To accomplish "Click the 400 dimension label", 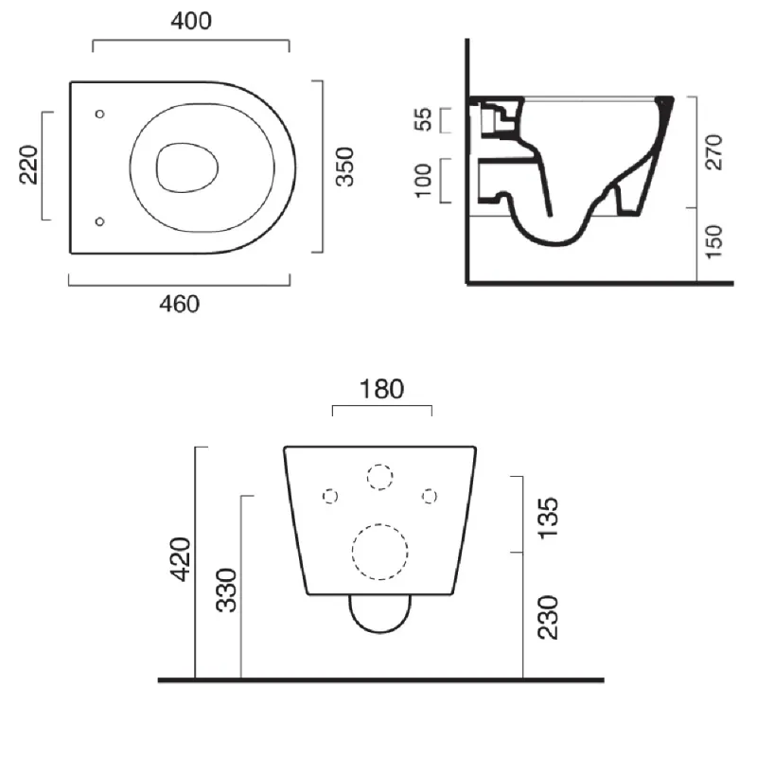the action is pos(191,21).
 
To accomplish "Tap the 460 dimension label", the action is pos(179,304).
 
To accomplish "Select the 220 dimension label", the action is pos(29,164).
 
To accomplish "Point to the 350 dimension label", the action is pos(345,167).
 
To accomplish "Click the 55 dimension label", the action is pos(423,119).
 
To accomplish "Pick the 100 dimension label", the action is pos(423,180).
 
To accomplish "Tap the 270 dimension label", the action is pos(714,152).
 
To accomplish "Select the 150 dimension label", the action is pos(714,241).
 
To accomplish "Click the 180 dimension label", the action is pos(381,389).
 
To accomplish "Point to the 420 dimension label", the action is pos(181,558).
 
